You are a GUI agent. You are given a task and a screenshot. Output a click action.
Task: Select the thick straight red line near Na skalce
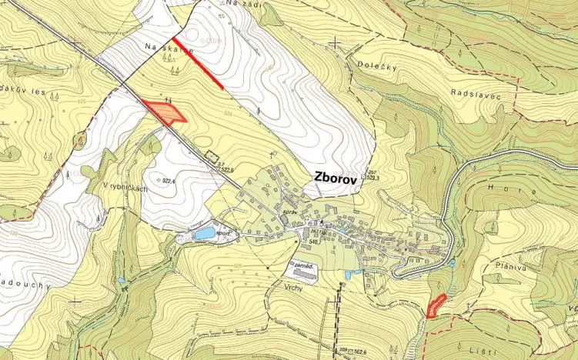tap(198, 63)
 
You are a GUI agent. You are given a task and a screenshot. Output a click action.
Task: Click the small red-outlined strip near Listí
tap(436, 305)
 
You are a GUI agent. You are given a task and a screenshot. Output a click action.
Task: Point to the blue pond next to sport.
tap(205, 232)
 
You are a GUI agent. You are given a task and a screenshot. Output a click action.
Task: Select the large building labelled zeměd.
tap(301, 267)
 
